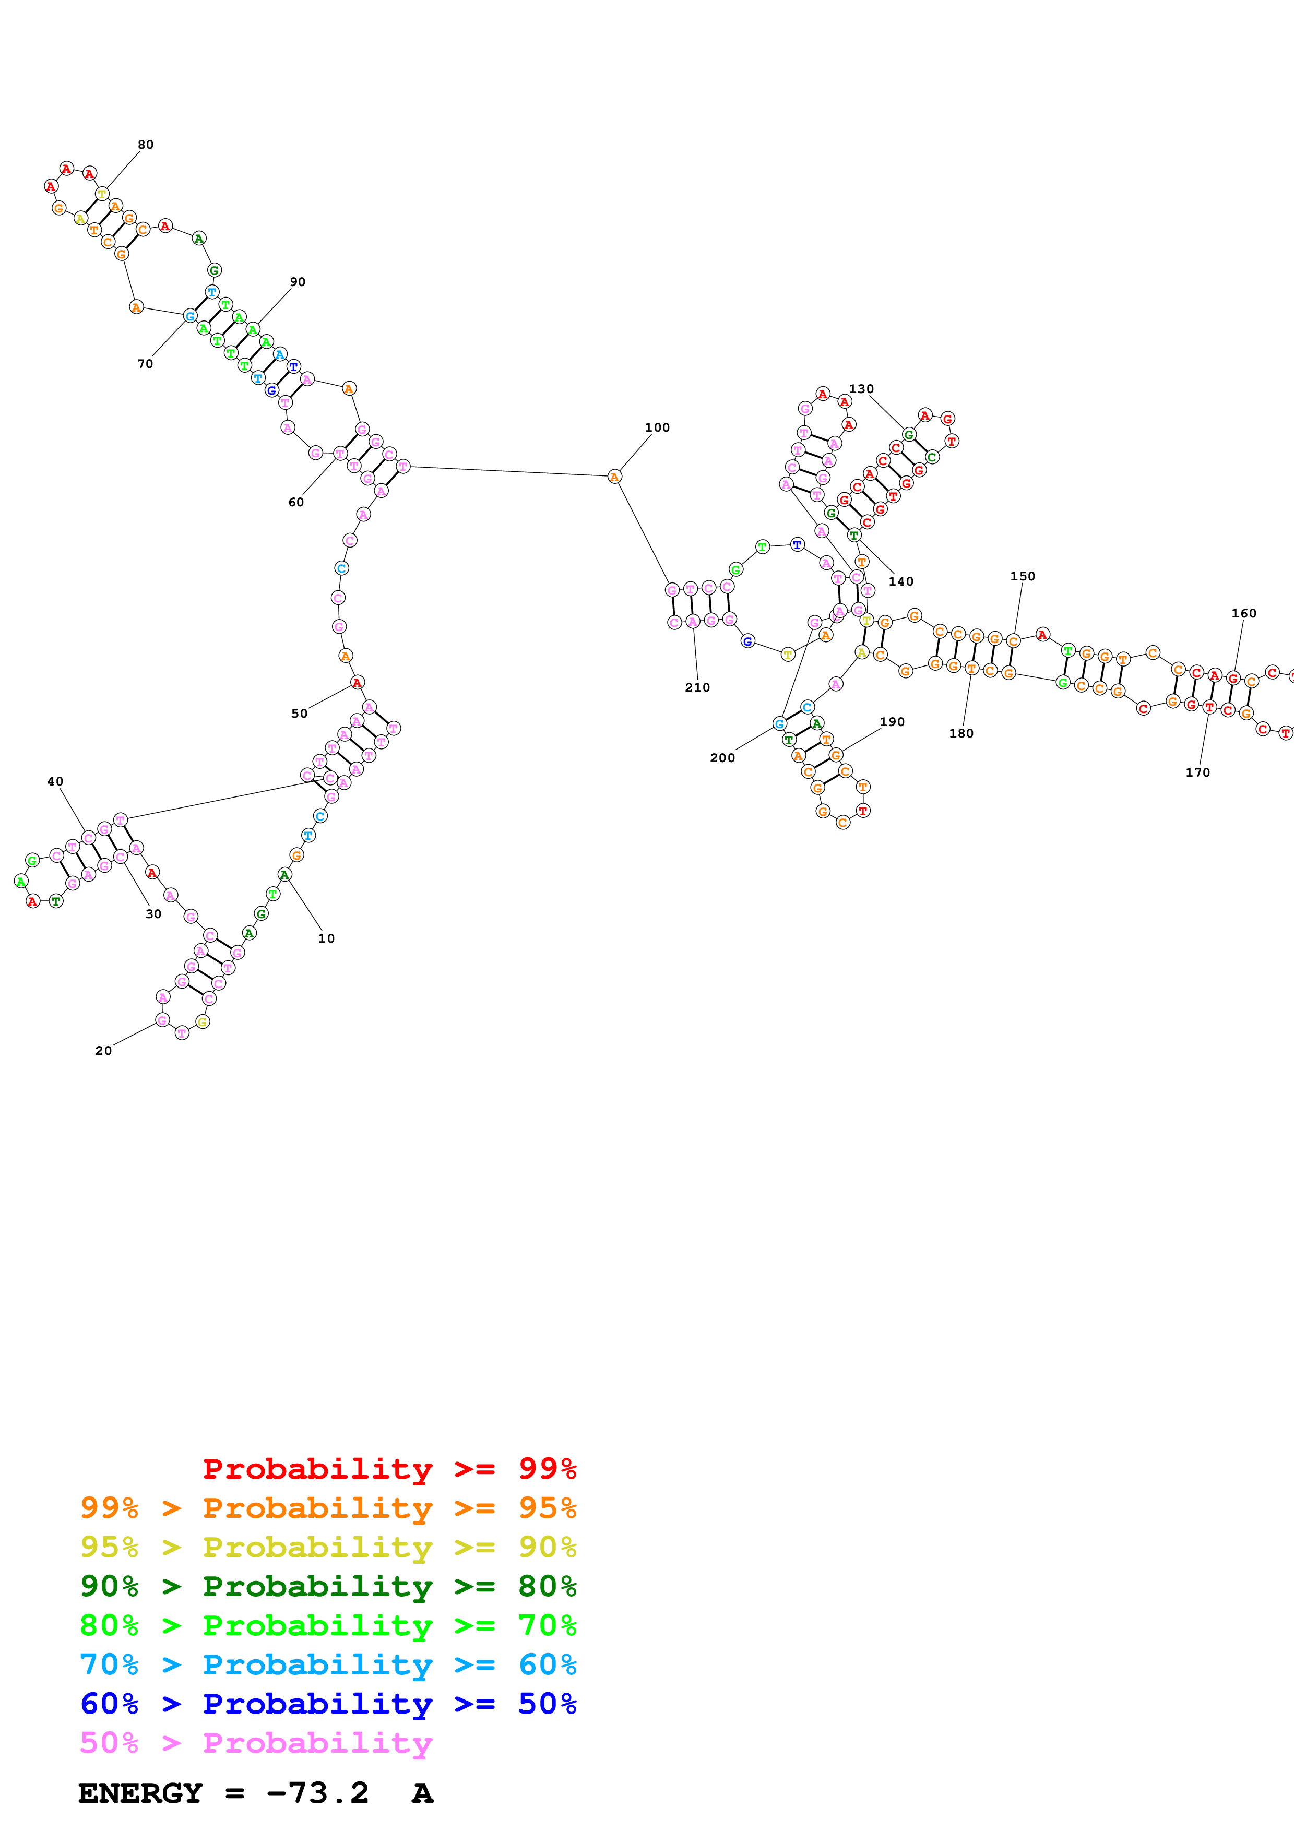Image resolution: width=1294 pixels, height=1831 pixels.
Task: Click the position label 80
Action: (x=145, y=145)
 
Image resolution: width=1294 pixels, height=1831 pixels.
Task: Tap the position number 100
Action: (x=657, y=427)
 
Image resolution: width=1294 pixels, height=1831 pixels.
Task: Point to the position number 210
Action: (x=697, y=687)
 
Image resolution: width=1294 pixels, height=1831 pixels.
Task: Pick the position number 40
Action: (x=55, y=781)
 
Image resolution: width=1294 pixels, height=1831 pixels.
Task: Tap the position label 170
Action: (x=1197, y=772)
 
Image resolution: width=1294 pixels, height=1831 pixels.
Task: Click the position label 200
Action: (x=722, y=757)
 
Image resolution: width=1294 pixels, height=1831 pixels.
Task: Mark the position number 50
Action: (x=299, y=714)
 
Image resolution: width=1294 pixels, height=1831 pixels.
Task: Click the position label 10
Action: (x=326, y=938)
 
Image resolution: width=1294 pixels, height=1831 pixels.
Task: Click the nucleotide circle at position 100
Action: (x=614, y=477)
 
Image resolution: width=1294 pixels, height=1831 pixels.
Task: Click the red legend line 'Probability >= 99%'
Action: (x=389, y=1469)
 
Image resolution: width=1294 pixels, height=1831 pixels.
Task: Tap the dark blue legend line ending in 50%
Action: (x=328, y=1704)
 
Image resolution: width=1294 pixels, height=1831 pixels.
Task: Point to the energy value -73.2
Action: (x=317, y=1793)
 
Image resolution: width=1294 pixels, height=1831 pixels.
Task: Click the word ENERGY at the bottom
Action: (x=140, y=1793)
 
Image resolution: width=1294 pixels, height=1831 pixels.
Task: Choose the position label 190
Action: (x=892, y=722)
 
